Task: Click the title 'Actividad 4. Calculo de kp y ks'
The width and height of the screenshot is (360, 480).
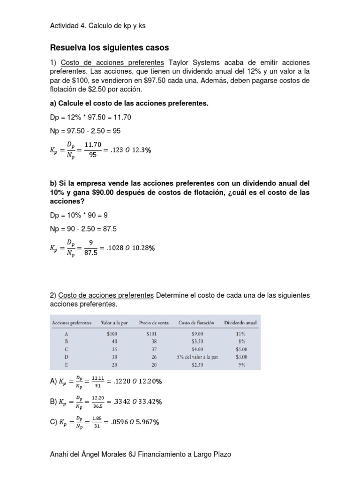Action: point(97,26)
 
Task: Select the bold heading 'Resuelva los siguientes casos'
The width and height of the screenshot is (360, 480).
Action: point(109,48)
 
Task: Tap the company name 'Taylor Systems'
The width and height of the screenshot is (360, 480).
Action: point(189,63)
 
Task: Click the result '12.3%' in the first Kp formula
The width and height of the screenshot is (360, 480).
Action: point(142,150)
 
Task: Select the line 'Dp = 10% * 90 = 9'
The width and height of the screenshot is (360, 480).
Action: point(81,215)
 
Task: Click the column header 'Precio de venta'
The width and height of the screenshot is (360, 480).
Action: point(154,322)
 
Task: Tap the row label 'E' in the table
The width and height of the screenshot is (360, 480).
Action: point(68,364)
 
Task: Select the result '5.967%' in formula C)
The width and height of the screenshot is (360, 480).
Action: point(147,422)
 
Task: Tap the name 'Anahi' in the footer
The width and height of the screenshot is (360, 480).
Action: point(60,455)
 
